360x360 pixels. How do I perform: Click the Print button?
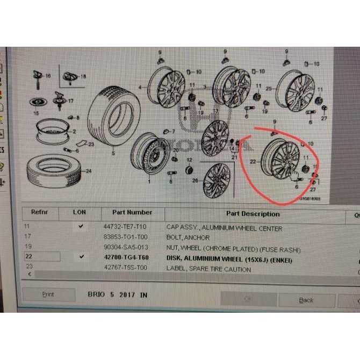[x=48, y=294]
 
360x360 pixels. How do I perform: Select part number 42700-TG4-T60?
[x=126, y=257]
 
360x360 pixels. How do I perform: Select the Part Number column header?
[x=132, y=212]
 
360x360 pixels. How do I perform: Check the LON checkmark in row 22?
[x=81, y=257]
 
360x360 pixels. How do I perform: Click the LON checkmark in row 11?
[x=81, y=226]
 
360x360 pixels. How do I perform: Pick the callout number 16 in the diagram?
[x=48, y=77]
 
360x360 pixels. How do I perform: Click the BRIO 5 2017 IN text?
[x=117, y=295]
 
